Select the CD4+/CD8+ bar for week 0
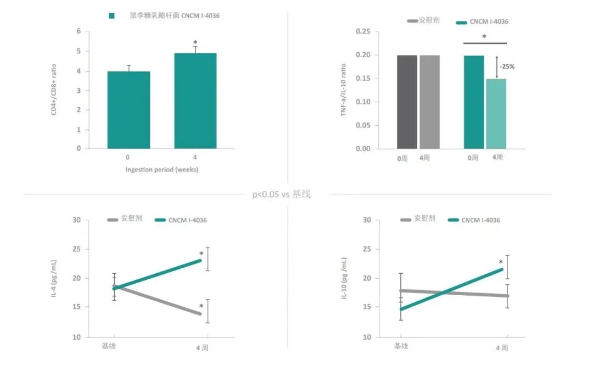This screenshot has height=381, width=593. (128, 110)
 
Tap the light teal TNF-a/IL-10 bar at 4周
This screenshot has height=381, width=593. (496, 114)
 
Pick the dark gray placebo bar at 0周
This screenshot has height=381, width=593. (407, 102)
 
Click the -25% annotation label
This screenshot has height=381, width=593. (507, 67)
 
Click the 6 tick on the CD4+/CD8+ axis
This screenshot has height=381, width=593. (79, 31)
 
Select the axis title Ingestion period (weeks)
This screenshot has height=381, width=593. (161, 169)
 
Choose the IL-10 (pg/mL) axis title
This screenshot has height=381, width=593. (344, 279)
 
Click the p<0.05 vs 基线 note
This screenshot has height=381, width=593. (281, 194)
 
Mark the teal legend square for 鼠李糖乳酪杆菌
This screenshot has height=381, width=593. (111, 16)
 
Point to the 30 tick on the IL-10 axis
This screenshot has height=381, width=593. (367, 220)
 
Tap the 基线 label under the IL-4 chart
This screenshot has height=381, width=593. (109, 346)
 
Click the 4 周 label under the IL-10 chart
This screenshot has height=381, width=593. (502, 347)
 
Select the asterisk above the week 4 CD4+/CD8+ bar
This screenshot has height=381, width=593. (195, 42)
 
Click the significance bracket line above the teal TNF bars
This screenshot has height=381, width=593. (485, 43)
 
